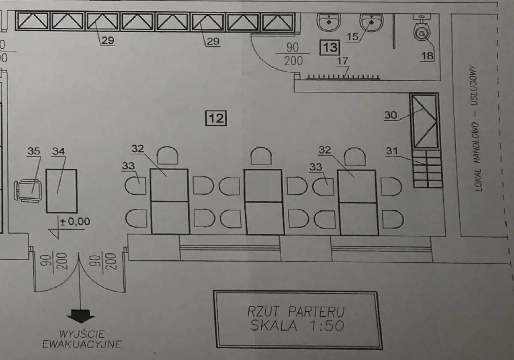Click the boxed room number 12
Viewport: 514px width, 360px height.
click(216, 118)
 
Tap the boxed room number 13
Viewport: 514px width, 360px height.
click(330, 47)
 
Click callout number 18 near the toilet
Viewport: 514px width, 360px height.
click(427, 56)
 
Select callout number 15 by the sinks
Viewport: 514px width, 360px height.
click(352, 37)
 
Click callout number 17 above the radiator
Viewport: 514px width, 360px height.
click(342, 61)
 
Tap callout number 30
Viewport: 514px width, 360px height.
click(391, 115)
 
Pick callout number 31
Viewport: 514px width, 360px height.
click(392, 151)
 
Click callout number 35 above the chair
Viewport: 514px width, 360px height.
click(34, 151)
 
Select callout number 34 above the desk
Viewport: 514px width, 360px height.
click(59, 151)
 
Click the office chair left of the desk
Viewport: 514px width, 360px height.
click(28, 191)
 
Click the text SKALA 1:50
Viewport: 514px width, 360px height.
click(297, 325)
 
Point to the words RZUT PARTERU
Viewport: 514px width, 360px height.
click(296, 311)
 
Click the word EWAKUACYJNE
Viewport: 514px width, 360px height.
click(82, 344)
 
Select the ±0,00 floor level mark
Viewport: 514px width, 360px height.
click(75, 222)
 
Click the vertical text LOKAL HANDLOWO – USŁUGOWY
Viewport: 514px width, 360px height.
click(475, 128)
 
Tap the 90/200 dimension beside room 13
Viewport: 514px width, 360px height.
click(293, 54)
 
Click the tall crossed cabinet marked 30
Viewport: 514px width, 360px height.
click(425, 121)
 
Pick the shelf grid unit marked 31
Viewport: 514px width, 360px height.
click(428, 169)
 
